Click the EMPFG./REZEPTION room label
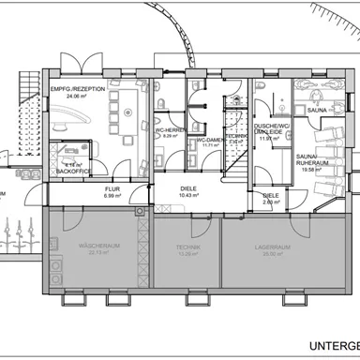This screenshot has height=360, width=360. [x=78, y=87]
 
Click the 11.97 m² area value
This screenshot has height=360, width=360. [x=268, y=141]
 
